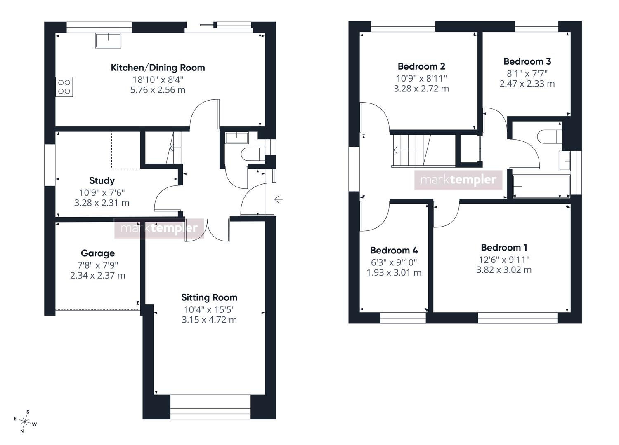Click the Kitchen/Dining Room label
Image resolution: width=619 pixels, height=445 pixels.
pos(158,68)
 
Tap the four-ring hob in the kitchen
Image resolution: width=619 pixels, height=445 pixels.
pos(64,87)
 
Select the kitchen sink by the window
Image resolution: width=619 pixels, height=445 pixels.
pos(108,40)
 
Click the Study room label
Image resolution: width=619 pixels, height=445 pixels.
pos(102,180)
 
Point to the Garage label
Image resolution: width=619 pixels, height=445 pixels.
pos(98,253)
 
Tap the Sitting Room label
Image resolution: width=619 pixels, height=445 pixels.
pos(209,297)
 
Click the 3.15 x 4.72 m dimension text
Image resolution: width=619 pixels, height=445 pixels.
pos(209,320)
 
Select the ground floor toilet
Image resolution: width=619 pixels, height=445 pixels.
pos(253,155)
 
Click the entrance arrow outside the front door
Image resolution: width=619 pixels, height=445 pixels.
pos(278,199)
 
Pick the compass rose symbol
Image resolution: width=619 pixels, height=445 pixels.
pos(25,422)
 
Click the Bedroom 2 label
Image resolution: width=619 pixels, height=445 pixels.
pos(421,66)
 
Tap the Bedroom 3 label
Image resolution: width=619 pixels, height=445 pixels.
pos(527,61)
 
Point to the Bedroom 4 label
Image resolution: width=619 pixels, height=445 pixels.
pos(394,250)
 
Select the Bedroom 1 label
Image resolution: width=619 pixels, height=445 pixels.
pos(504,248)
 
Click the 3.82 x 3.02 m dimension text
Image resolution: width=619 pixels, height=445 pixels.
pos(504,270)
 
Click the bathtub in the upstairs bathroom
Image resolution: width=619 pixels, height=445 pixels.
pos(541,186)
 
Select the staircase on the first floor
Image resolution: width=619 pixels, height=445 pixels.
pos(424,151)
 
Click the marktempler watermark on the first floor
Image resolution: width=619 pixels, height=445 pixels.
pos(458,180)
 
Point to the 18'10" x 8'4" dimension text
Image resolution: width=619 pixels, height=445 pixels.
pos(158,80)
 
